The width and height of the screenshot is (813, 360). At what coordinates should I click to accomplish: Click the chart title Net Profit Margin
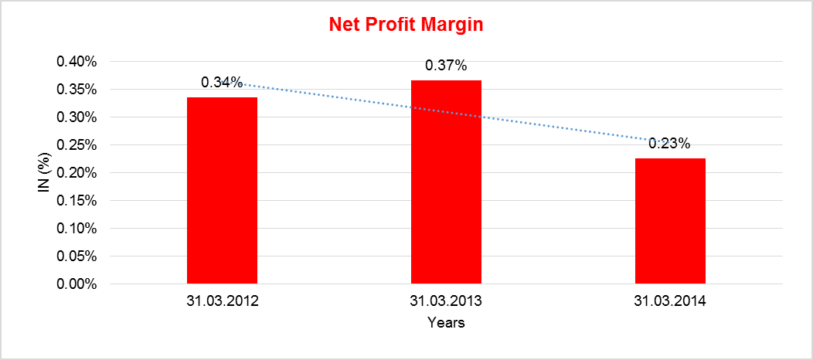(406, 25)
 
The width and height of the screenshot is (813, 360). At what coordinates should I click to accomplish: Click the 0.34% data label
(222, 82)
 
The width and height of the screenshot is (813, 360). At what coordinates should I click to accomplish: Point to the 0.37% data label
(446, 66)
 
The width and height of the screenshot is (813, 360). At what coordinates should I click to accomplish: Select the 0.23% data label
(669, 143)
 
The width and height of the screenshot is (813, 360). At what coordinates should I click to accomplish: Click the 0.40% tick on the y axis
(76, 62)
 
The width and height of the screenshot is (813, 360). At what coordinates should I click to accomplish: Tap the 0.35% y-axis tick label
(76, 90)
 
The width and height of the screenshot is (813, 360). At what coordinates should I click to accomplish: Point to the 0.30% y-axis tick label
(76, 117)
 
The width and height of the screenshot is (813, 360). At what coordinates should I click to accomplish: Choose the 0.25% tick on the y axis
(76, 145)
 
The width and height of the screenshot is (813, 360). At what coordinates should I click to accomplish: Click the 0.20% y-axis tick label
(76, 173)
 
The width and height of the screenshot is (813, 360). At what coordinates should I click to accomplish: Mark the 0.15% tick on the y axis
(76, 201)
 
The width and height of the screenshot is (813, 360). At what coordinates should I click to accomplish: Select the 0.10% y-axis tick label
(76, 229)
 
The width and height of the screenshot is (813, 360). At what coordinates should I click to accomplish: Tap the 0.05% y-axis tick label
(76, 256)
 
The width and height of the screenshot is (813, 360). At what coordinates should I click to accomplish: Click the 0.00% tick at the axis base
(76, 284)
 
